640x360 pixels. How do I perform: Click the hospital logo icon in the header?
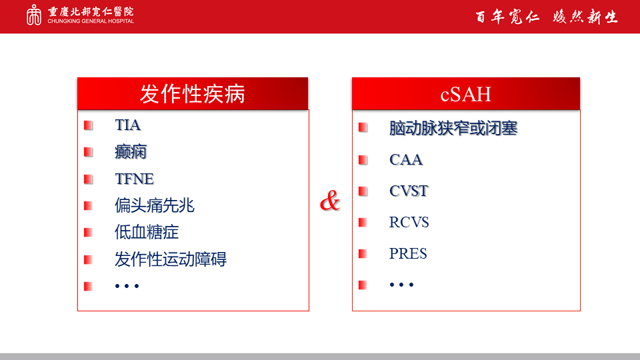34,15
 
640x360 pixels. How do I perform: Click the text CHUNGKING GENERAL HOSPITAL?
91,21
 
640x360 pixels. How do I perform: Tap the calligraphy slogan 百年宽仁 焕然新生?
547,17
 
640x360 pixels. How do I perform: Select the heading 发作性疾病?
192,94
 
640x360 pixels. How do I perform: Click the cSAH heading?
466,94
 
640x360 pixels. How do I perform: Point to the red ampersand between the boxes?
330,201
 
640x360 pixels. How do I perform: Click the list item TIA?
128,125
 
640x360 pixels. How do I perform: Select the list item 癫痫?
131,152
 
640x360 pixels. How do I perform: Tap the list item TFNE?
134,179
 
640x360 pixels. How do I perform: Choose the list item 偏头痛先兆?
154,205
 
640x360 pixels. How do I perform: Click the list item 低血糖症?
147,232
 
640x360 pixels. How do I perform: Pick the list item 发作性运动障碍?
171,259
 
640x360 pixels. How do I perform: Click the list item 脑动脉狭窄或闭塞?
453,128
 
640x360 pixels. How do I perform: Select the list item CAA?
406,159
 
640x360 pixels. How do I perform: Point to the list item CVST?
409,191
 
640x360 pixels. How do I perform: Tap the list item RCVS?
409,222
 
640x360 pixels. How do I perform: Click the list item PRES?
408,253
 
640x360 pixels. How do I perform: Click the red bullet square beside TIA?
88,125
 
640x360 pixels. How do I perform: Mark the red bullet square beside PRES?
363,254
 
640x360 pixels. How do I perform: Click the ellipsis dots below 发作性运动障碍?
127,286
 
